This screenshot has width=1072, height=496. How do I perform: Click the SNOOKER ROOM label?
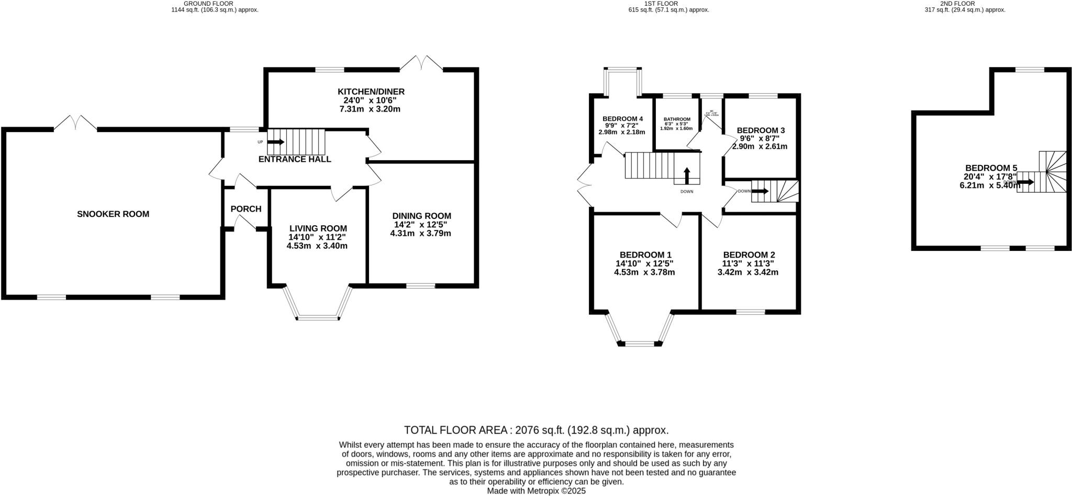click(x=113, y=214)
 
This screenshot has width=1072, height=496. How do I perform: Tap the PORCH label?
click(x=245, y=209)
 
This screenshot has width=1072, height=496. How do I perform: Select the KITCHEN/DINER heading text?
click(x=371, y=92)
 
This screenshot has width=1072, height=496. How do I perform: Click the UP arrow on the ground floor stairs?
click(x=276, y=142)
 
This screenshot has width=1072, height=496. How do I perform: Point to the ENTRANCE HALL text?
click(x=295, y=159)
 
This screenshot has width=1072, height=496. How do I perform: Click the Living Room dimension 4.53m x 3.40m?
click(x=317, y=245)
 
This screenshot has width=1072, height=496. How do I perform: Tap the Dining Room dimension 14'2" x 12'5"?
click(x=421, y=224)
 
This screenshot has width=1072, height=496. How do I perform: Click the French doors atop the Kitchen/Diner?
click(x=421, y=63)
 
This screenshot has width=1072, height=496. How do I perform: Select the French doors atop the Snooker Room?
click(x=75, y=123)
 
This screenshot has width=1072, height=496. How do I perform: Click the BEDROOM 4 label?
click(x=622, y=118)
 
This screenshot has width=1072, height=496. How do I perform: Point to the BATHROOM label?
click(x=677, y=119)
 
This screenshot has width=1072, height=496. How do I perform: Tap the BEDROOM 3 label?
click(x=761, y=130)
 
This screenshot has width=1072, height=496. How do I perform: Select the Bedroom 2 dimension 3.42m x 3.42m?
click(x=747, y=272)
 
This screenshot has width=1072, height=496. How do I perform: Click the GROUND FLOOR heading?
click(x=215, y=4)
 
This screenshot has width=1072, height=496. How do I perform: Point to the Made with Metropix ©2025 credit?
click(x=536, y=491)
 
